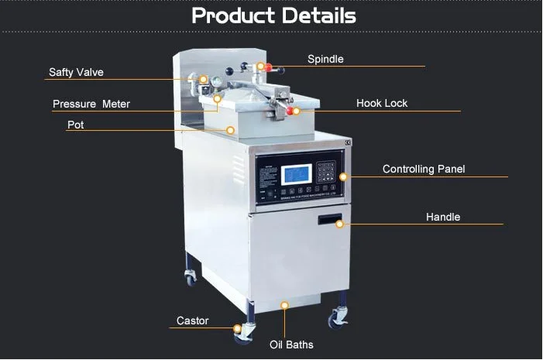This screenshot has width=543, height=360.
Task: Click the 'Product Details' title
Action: pyautogui.click(x=273, y=15)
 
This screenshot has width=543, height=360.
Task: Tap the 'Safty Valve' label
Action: pyautogui.click(x=76, y=73)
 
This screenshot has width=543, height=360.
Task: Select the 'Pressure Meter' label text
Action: pyautogui.click(x=91, y=104)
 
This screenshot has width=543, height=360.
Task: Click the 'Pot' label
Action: pyautogui.click(x=75, y=125)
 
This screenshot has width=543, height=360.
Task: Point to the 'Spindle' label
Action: pyautogui.click(x=325, y=59)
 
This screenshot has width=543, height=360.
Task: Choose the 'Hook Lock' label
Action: pyautogui.click(x=381, y=103)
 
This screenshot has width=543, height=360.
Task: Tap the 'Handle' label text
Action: pyautogui.click(x=442, y=217)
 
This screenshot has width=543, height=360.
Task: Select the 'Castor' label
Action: pyautogui.click(x=192, y=321)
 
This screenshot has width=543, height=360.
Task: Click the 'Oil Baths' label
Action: pyautogui.click(x=291, y=345)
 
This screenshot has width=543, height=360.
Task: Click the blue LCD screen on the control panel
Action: pyautogui.click(x=297, y=174)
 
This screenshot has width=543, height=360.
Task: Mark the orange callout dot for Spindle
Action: pyautogui.click(x=261, y=67)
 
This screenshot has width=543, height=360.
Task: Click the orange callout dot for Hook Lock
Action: pyautogui.click(x=296, y=111)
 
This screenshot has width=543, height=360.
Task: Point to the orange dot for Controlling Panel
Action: pyautogui.click(x=344, y=177)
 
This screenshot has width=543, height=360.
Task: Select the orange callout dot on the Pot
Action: pyautogui.click(x=230, y=130)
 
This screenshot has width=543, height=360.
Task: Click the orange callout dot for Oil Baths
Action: pyautogui.click(x=285, y=305)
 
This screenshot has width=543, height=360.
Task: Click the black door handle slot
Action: pyautogui.click(x=329, y=221)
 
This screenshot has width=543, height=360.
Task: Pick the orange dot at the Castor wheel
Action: pyautogui.click(x=237, y=328)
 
